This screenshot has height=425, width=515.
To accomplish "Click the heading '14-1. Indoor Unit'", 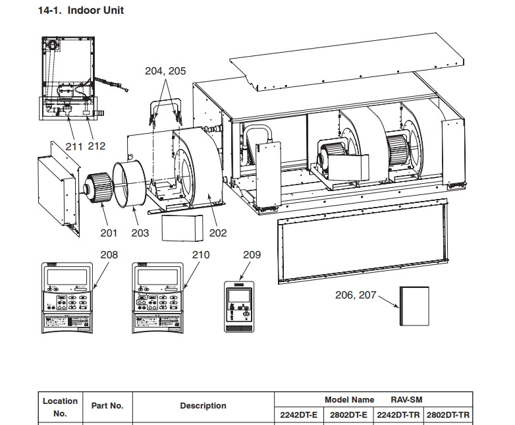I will point(82,11).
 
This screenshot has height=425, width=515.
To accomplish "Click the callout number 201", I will point(109,232).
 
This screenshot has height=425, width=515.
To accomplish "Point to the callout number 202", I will point(218,233).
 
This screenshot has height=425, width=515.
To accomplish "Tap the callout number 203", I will point(140,233).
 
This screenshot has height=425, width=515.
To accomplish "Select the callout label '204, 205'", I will point(165,71).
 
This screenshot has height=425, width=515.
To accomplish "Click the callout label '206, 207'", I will point(356,295).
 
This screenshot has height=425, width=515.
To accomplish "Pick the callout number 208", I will point(109,254).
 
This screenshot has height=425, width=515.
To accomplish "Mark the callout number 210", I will point(201,254).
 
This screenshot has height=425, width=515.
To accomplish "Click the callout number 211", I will point(74,146).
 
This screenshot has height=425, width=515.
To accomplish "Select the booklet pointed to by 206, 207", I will point(414,306).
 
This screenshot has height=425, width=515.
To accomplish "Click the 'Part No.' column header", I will point(107,406).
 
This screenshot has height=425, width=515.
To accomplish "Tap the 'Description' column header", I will point(203,406).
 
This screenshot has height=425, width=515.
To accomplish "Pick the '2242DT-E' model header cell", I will point(299,415).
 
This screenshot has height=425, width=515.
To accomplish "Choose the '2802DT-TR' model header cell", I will point(448,415).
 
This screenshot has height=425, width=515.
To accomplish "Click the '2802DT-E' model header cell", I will point(348,415).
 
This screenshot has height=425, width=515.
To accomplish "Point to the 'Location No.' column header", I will point(60,407).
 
